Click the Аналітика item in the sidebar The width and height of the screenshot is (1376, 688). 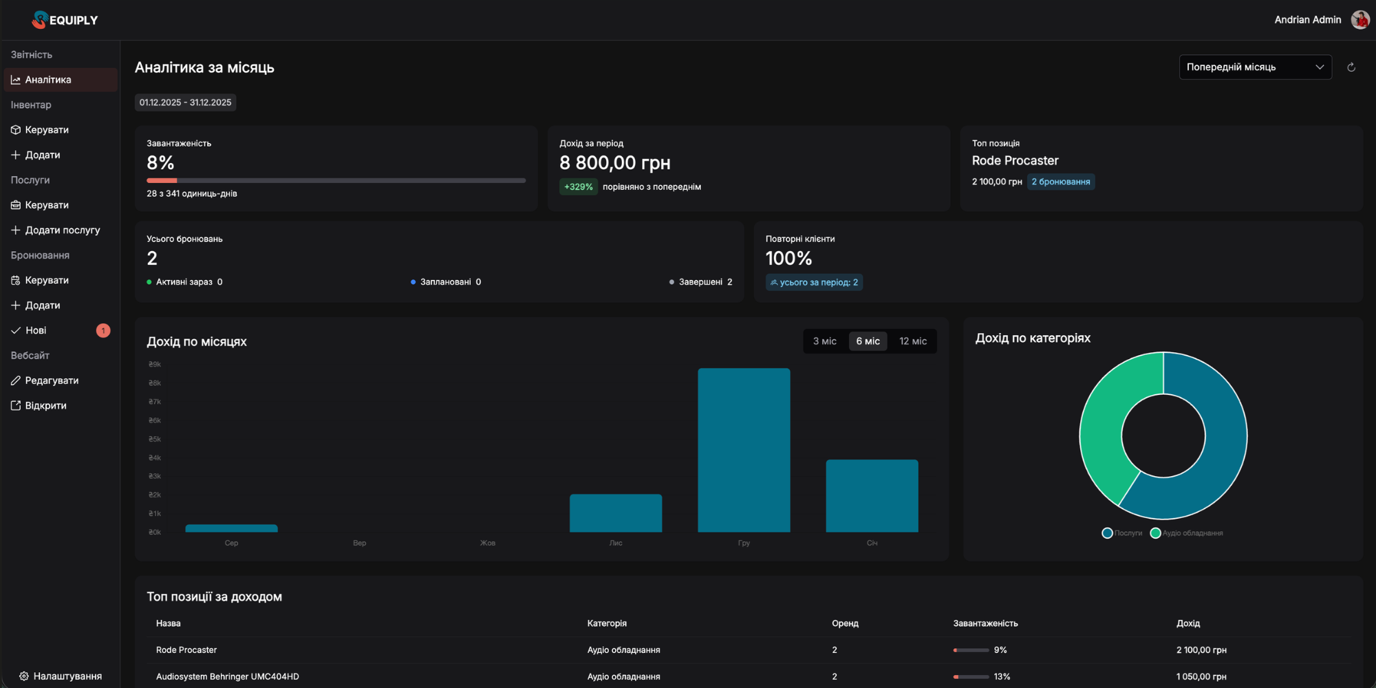pos(47,80)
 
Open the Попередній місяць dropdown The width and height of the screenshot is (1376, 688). pos(1254,67)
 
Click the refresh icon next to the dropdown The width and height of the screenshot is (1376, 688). pos(1351,67)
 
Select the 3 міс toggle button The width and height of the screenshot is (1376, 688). pos(824,341)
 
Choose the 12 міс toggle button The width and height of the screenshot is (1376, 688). pos(912,341)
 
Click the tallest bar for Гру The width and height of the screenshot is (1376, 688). pos(744,450)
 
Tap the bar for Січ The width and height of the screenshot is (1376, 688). pos(872,495)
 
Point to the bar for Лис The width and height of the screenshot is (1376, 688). pos(616,513)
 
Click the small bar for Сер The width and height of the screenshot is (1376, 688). pos(231,528)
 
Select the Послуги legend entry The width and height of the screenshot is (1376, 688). pos(1122,533)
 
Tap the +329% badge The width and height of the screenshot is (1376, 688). pos(578,186)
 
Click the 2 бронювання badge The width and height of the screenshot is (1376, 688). pos(1060,182)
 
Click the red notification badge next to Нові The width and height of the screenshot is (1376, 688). pos(103,331)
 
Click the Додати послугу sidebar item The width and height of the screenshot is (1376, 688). pos(62,230)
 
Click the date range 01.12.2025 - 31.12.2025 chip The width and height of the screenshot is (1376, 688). pos(185,103)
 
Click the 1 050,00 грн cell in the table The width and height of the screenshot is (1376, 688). pos(1201,676)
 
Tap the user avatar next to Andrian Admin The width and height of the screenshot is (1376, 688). pos(1359,20)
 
